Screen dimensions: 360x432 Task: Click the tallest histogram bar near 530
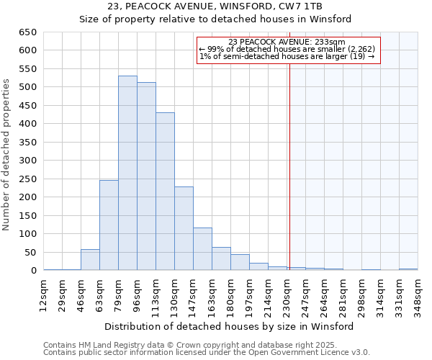point(127,173)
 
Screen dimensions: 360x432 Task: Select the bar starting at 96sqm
point(146,176)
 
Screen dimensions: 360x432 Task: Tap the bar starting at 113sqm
point(165,192)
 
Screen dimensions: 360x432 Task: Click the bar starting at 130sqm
point(184,228)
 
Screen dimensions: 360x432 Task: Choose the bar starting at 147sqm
point(202,249)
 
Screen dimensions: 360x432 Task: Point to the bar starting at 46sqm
point(90,260)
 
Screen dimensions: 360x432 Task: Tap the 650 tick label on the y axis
point(27,32)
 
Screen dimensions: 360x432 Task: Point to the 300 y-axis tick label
point(27,161)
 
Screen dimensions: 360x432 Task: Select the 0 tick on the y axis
point(33,271)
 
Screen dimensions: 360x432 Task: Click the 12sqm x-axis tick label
point(44,294)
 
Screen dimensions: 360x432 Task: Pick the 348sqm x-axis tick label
point(418,294)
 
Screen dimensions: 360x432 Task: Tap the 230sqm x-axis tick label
point(287,294)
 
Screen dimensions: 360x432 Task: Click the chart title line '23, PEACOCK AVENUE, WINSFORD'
point(215,6)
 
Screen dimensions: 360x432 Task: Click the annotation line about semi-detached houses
point(287,56)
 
